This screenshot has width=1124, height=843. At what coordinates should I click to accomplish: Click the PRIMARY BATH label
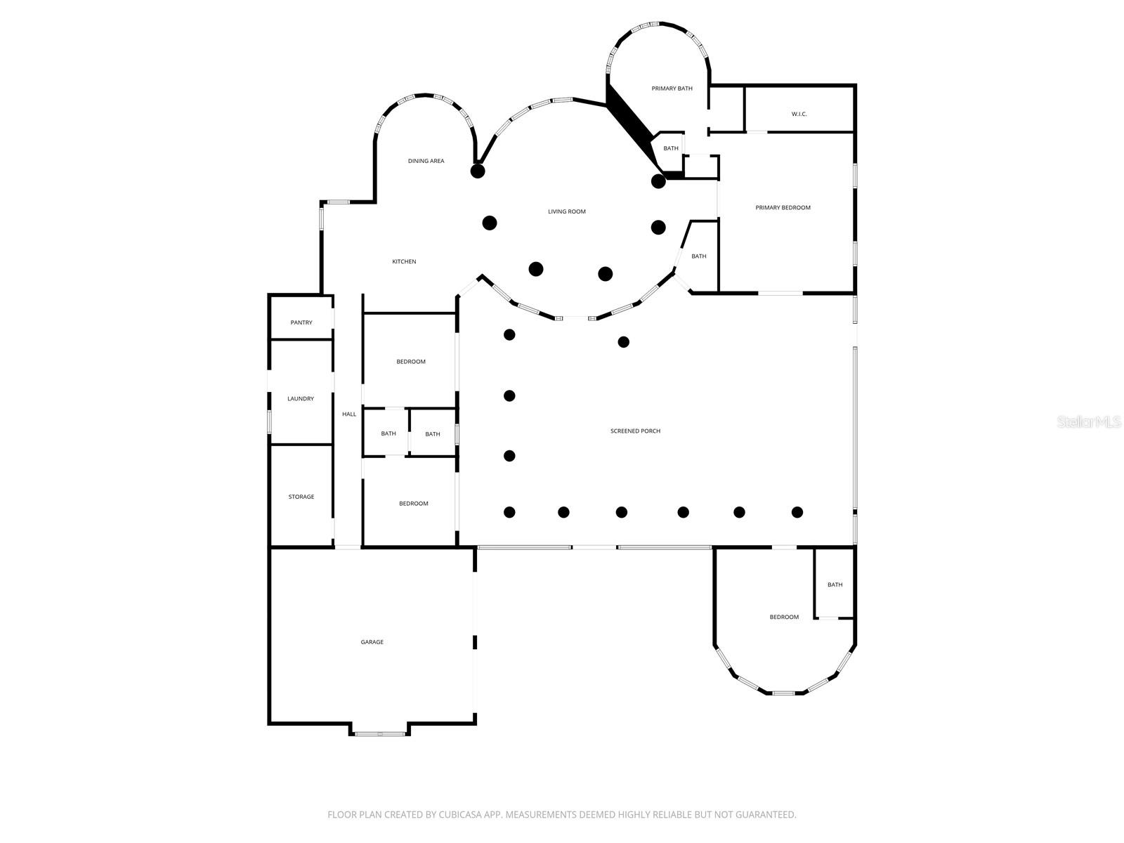coord(672,89)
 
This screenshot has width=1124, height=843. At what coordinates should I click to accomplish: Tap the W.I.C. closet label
coord(799,114)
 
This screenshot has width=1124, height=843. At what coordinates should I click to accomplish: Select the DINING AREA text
coord(426,162)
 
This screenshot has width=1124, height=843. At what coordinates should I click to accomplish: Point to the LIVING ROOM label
coord(566,211)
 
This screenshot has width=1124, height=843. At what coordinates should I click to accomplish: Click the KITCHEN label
coord(404,262)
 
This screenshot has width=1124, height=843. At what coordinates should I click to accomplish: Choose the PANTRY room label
coord(301,323)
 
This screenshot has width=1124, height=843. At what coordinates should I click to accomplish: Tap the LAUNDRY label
coord(301,399)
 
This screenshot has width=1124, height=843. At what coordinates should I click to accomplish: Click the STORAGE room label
coord(301,497)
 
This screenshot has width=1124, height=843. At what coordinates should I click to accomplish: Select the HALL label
coord(349,414)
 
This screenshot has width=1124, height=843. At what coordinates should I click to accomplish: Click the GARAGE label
coord(372,642)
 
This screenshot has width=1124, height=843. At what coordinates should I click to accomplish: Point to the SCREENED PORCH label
coord(635,431)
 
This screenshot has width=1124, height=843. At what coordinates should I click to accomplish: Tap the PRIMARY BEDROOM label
coord(783,208)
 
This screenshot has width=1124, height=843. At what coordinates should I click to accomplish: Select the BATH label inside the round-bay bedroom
coord(835,585)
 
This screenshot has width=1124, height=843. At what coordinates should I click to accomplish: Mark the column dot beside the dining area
coord(478,171)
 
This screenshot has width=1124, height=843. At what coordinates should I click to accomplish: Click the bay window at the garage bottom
coord(379,734)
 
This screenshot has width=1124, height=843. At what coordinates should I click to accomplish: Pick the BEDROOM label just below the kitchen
coord(411,362)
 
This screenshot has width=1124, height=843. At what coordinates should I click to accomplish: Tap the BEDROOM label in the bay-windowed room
coord(784,617)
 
